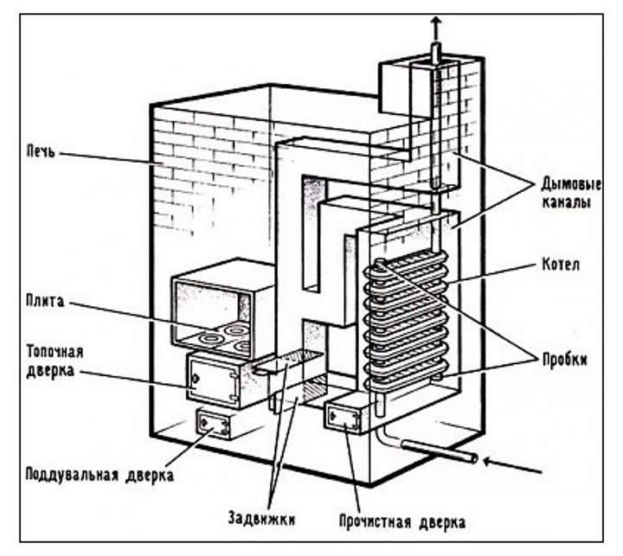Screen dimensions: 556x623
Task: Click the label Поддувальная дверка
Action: pyautogui.click(x=100, y=475)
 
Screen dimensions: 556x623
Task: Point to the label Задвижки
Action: pyautogui.click(x=261, y=520)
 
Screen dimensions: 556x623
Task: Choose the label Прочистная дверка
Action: pyautogui.click(x=402, y=522)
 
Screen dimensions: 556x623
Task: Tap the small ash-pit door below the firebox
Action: pyautogui.click(x=212, y=424)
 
